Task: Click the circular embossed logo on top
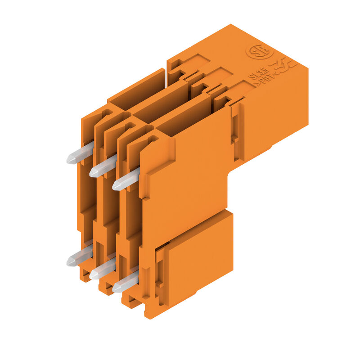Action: point(259,51)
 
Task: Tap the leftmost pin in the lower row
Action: point(79,257)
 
